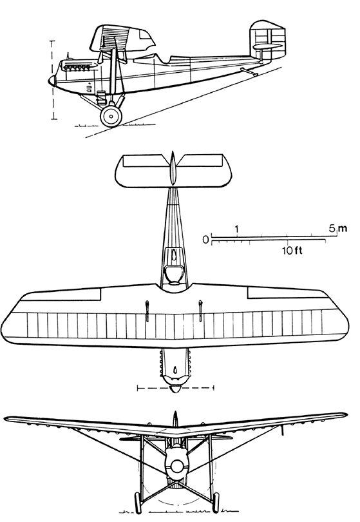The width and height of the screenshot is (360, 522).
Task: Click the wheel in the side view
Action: tap(111, 116)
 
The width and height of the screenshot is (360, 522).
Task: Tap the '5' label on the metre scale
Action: tap(333, 228)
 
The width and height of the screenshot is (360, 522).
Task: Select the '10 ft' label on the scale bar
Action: tap(292, 250)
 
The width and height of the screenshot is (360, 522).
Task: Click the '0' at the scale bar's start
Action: tap(206, 239)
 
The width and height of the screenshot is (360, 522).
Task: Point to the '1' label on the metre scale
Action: tap(237, 229)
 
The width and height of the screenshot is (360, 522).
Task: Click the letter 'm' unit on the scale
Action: tap(343, 229)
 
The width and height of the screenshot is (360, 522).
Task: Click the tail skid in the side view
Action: tap(249, 71)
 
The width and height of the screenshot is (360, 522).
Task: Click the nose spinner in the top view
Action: tap(175, 389)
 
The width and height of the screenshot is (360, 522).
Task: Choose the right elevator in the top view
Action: tap(201, 160)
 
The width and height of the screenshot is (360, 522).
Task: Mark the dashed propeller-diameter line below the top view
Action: tap(176, 387)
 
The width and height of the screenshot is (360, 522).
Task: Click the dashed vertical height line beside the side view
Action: tap(53, 80)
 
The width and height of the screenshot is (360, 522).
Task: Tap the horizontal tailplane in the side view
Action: tap(268, 46)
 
